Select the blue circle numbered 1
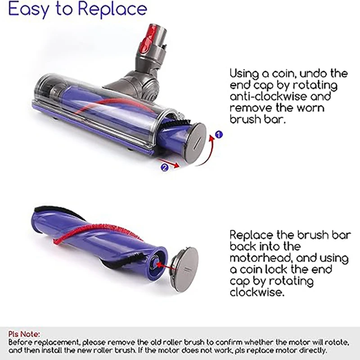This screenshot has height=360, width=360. pyautogui.click(x=219, y=134)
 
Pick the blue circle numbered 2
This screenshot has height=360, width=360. pyautogui.click(x=164, y=167)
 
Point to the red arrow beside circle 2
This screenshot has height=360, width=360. pyautogui.click(x=175, y=165)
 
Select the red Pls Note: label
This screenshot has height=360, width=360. pyautogui.click(x=24, y=334)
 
